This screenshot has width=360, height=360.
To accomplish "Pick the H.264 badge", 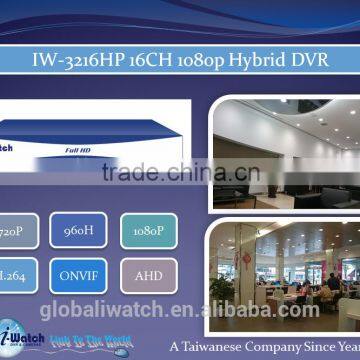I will (16, 271).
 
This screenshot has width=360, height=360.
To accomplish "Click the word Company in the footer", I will (292, 337).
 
